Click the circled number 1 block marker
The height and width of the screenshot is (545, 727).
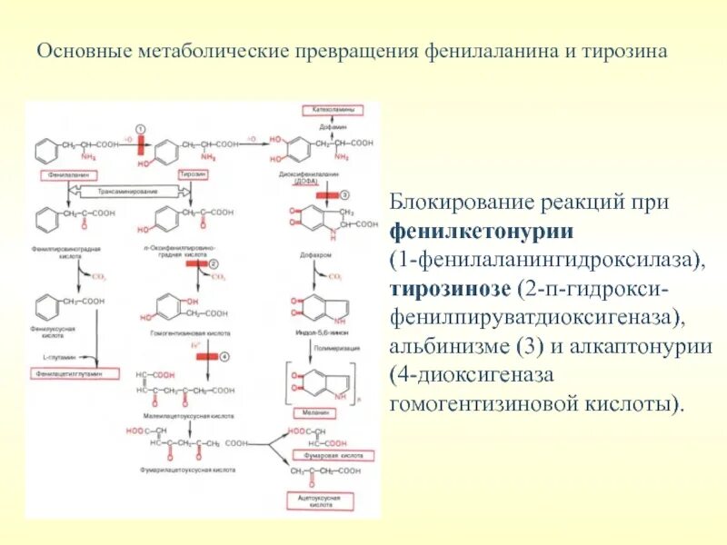tap(140, 128)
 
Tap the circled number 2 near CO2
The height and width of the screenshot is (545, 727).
tap(214, 263)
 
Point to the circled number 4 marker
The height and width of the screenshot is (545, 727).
tap(224, 355)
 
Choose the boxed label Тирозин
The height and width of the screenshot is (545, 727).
tap(190, 172)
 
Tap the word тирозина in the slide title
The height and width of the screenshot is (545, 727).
tap(626, 52)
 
